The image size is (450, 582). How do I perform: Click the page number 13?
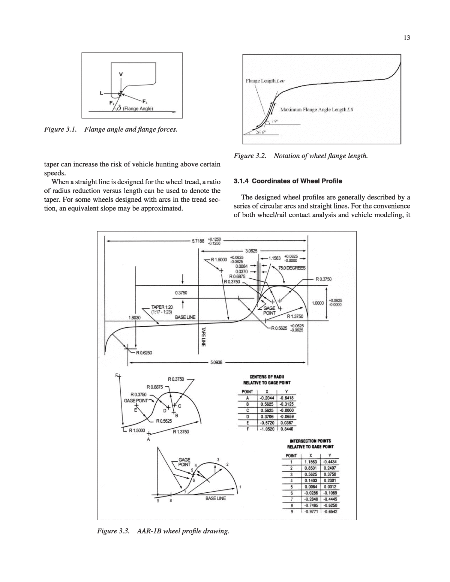(x=407, y=37)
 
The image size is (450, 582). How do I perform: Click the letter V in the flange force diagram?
(x=121, y=74)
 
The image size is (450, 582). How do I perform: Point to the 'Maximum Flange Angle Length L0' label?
(x=317, y=110)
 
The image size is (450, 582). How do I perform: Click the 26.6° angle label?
(x=260, y=133)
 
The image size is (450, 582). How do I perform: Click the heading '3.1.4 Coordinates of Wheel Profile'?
(x=288, y=181)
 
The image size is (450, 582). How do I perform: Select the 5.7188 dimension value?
(x=198, y=241)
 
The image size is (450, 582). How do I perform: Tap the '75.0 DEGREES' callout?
(x=292, y=268)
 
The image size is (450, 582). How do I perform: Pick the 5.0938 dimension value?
(x=216, y=363)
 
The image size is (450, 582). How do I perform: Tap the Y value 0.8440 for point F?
(x=287, y=429)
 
